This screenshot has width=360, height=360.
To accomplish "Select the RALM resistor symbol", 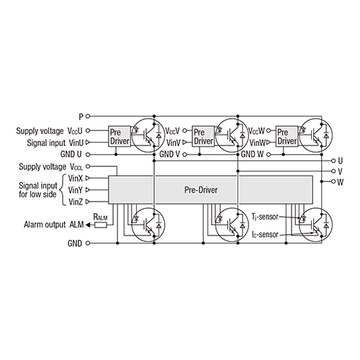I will coord(101,225).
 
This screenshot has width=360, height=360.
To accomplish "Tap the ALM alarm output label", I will coord(76,225).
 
